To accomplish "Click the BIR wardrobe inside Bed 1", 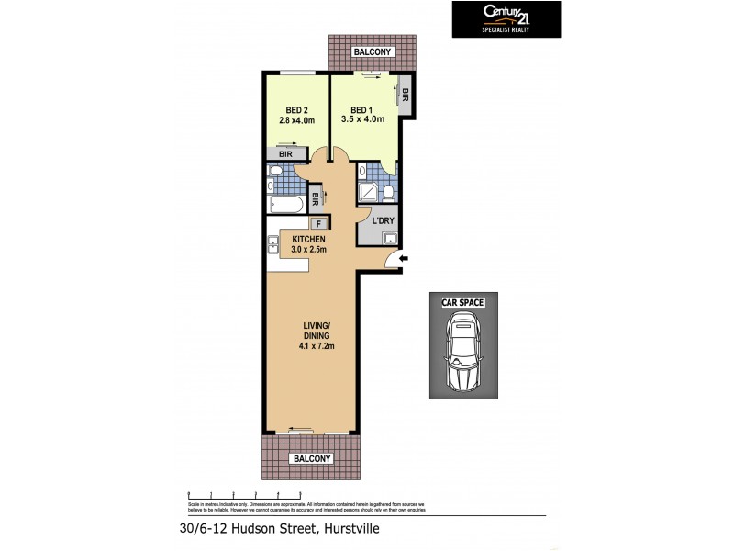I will coord(406,94).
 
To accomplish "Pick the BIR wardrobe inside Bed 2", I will coord(285,154).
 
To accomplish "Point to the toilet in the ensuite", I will coord(389,191).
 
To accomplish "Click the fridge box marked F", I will coord(318,223).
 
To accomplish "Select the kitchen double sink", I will coord(273,244).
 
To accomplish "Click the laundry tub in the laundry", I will coord(392,240).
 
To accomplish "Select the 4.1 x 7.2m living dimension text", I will coord(309,346).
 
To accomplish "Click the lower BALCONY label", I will coord(309,458).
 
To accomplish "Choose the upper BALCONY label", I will coord(373,52).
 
